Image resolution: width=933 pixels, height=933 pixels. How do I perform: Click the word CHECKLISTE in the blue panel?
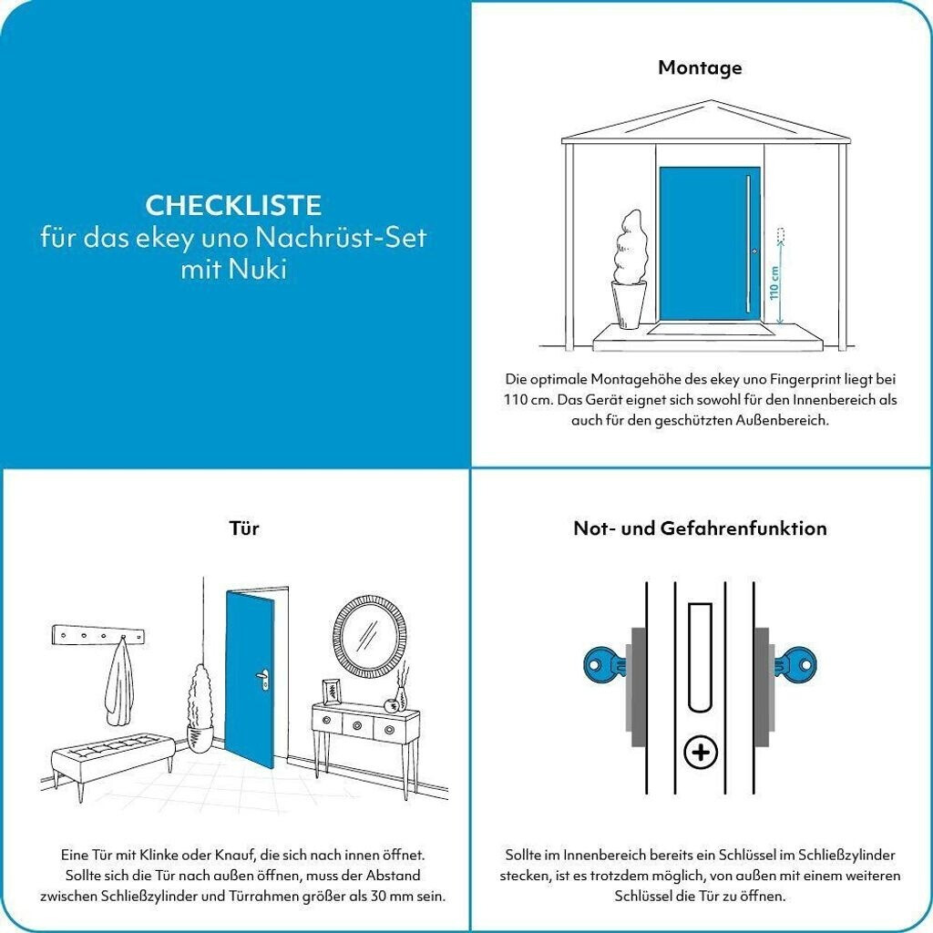(x=233, y=206)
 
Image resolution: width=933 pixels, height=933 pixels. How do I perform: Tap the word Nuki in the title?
(x=258, y=270)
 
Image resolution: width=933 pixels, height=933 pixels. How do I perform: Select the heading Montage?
(x=700, y=67)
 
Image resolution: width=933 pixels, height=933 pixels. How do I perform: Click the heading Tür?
(x=244, y=528)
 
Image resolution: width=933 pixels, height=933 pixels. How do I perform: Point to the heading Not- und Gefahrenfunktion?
(x=700, y=528)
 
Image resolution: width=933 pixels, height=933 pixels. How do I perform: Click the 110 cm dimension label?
(x=774, y=282)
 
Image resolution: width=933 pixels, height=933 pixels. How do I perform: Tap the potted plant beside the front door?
(x=629, y=271)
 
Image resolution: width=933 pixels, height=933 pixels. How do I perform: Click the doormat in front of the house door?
(x=712, y=330)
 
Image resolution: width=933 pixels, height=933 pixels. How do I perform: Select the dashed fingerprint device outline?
(x=781, y=236)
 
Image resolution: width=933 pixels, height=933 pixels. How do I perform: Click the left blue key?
(x=605, y=664)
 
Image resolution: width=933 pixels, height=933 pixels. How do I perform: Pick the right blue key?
(x=795, y=664)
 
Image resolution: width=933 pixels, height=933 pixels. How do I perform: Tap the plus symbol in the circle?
(x=701, y=754)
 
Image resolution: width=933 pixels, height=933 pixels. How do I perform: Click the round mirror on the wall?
(x=370, y=637)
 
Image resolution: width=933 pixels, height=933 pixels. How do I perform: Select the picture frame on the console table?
(x=332, y=692)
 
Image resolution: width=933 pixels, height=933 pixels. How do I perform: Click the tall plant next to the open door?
(x=200, y=708)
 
